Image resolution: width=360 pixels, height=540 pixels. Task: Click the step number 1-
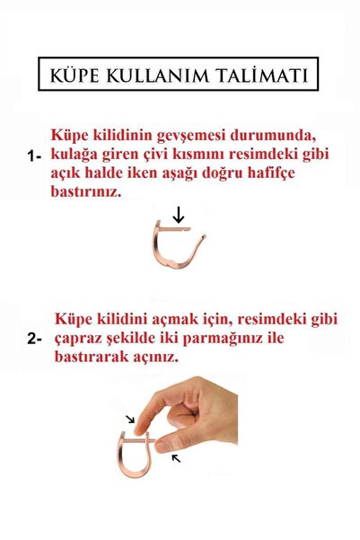click(35, 155)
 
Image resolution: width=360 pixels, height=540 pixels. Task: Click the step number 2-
click(35, 340)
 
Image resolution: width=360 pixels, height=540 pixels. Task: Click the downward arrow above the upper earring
click(179, 215)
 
